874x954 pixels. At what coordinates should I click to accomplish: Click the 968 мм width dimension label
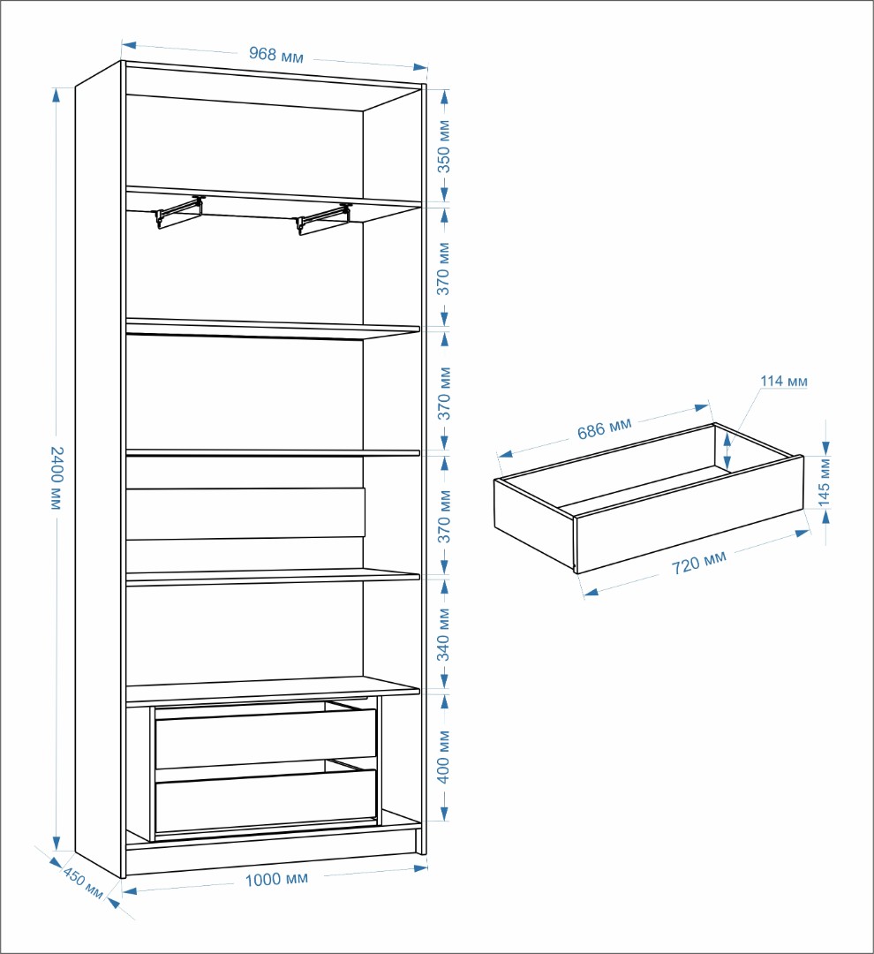tap(275, 55)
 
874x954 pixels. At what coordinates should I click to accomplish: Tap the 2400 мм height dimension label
tap(56, 478)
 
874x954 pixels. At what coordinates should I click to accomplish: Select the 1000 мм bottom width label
tap(276, 879)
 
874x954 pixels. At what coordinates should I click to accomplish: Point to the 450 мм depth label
tap(83, 884)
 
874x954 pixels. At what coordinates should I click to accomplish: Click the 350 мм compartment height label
tap(444, 146)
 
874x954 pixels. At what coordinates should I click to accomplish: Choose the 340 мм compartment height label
tap(444, 634)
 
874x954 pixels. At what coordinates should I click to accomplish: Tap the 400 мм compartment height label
tap(444, 756)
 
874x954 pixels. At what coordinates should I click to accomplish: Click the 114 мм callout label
tap(783, 381)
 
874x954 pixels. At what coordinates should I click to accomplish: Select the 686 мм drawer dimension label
tap(605, 428)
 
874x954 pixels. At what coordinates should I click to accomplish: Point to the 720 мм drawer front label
tap(699, 563)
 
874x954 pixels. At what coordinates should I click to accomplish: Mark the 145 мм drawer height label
tap(825, 482)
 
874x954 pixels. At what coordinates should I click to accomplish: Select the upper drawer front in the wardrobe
tap(266, 738)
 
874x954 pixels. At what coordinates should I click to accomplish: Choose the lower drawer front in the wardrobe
tap(266, 800)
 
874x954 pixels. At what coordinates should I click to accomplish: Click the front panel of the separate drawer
tap(689, 515)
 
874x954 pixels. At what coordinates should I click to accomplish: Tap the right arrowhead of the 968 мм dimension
tap(419, 67)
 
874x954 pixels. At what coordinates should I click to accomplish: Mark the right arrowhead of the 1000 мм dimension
tap(419, 867)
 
